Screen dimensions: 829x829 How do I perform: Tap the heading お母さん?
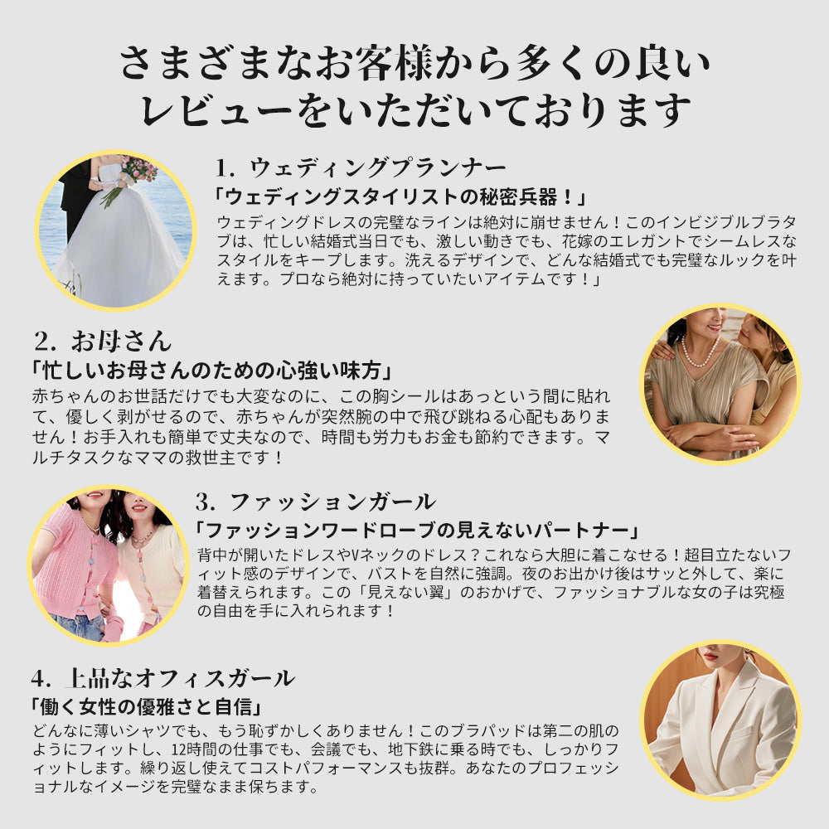(121, 341)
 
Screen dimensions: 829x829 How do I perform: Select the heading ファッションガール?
(332, 502)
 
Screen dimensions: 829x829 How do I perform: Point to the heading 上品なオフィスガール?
(180, 678)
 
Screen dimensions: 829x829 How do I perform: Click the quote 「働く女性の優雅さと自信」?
(147, 706)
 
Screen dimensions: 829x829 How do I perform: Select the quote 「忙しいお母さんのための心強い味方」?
(211, 371)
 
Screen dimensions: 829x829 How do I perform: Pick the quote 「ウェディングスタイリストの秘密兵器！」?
(400, 197)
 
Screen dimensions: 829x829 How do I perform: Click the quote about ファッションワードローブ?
(417, 530)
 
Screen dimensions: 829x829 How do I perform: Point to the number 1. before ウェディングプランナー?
(225, 168)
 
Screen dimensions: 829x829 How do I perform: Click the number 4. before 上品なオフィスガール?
(41, 679)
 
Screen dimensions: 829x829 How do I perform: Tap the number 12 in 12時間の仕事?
(178, 749)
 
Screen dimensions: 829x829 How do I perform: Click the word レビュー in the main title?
(216, 110)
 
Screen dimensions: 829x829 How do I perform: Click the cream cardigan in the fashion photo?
(151, 571)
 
